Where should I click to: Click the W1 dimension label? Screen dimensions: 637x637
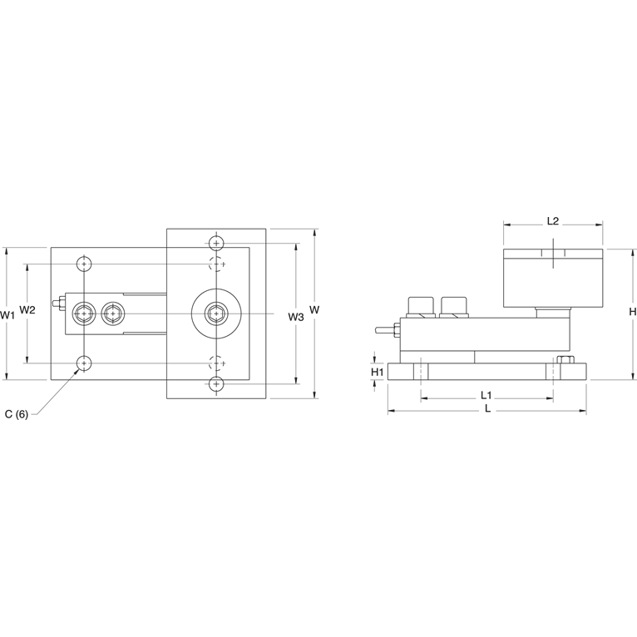pos(8,315)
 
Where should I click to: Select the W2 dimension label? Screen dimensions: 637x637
pos(27,309)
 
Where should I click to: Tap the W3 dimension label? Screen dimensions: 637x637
pos(295,316)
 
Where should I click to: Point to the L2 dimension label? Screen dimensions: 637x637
pos(552,221)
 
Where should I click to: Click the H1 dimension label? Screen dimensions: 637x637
pos(377,372)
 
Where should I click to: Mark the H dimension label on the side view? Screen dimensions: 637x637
pos(632,311)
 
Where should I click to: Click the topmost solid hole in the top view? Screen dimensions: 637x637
pos(216,243)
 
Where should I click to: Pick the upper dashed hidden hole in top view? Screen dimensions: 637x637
pos(216,264)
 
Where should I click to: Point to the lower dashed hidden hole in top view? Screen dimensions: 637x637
pos(216,363)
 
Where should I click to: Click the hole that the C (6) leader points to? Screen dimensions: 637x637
pos(83,363)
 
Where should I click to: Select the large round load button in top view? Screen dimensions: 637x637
pos(215,314)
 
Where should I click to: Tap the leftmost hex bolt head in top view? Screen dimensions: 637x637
pos(83,314)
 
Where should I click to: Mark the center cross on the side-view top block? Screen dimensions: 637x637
pos(552,254)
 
